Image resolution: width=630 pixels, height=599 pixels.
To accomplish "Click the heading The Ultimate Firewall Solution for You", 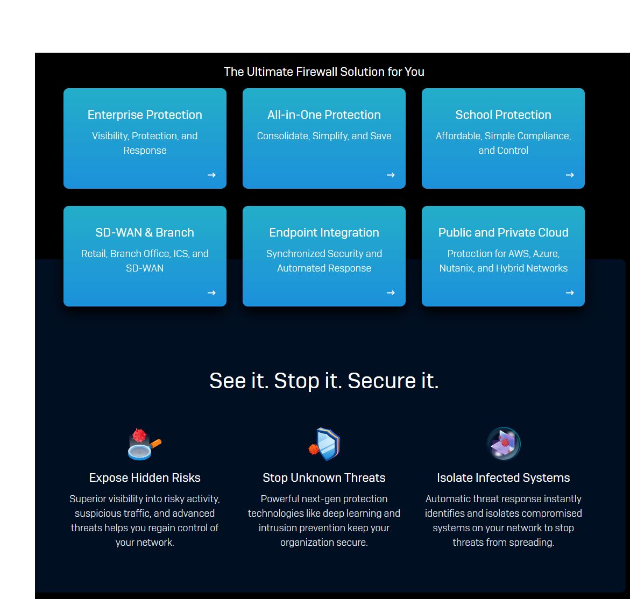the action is [x=324, y=72].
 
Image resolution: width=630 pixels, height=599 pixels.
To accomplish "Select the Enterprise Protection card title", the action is [x=145, y=115].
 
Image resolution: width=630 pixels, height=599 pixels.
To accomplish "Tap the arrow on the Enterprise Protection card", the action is [x=211, y=175].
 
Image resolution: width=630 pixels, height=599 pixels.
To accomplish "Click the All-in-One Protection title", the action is [x=324, y=115].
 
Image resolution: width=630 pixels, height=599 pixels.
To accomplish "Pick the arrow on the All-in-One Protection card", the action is [x=391, y=175].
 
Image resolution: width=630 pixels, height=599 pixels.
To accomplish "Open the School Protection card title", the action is [x=503, y=115].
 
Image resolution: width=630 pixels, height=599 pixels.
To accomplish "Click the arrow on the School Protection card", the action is [x=570, y=175].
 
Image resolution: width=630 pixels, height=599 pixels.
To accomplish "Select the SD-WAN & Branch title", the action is [x=145, y=232].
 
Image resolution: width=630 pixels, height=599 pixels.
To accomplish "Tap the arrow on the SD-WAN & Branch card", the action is [x=211, y=293].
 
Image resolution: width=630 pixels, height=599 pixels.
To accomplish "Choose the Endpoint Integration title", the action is [x=324, y=232].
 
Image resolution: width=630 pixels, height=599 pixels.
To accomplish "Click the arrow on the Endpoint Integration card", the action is [x=391, y=293].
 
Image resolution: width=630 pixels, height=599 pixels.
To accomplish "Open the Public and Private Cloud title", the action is [x=503, y=232].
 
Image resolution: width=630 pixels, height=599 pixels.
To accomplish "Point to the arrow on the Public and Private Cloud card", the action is [x=570, y=293].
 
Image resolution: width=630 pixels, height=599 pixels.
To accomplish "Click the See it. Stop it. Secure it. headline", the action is [x=324, y=381].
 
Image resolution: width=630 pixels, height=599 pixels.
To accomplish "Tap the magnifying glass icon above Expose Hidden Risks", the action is [x=144, y=444].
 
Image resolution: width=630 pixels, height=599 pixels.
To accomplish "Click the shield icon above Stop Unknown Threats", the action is [x=324, y=444].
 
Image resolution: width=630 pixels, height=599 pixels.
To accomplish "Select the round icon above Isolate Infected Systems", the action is [x=504, y=444].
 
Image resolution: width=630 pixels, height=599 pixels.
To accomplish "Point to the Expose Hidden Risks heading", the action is [x=145, y=478].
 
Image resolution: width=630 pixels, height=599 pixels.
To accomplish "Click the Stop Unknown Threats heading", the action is [x=324, y=478].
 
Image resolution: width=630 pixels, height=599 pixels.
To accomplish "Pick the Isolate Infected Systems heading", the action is [x=503, y=478].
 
